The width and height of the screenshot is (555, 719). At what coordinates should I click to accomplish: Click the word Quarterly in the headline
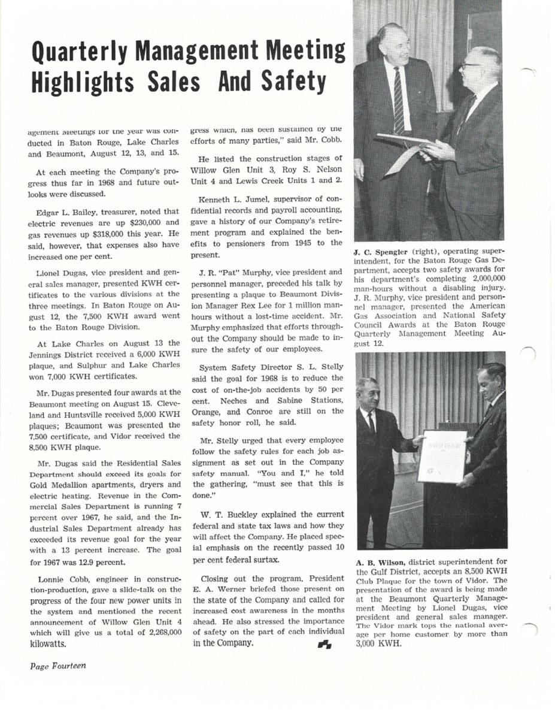84,55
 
